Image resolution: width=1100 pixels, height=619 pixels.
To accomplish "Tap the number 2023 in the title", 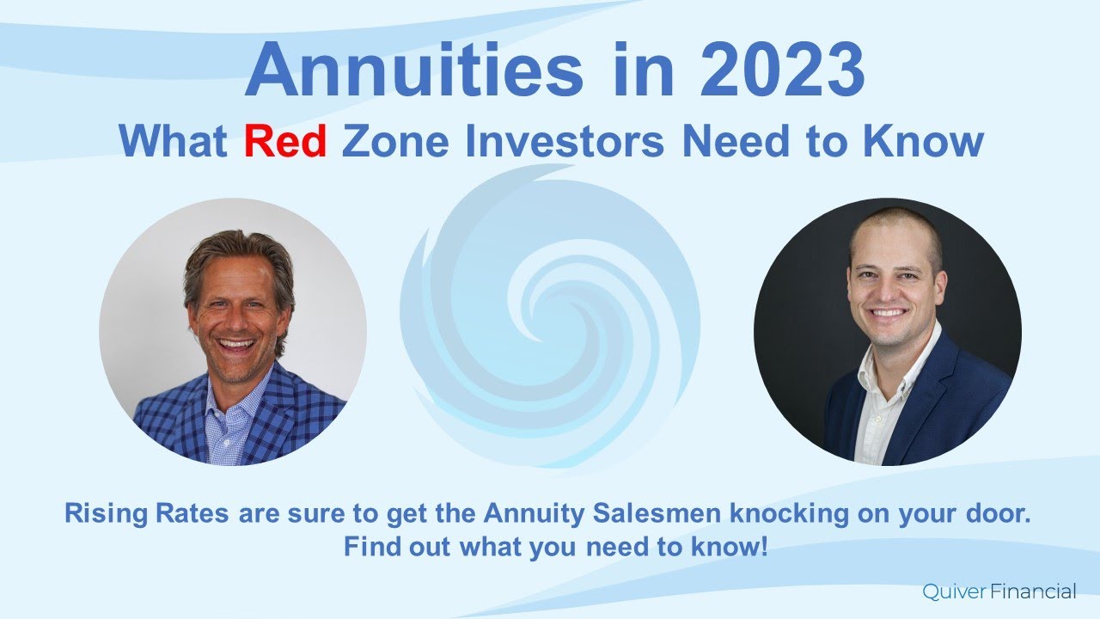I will pyautogui.click(x=782, y=70).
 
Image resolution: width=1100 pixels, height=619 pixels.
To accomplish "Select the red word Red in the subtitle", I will pyautogui.click(x=284, y=140).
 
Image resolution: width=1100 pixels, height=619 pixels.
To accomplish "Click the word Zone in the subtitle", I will pyautogui.click(x=394, y=140).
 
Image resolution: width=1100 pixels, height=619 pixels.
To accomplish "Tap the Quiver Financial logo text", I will pyautogui.click(x=999, y=591).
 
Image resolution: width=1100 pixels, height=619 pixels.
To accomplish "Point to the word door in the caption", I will pyautogui.click(x=1000, y=514).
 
